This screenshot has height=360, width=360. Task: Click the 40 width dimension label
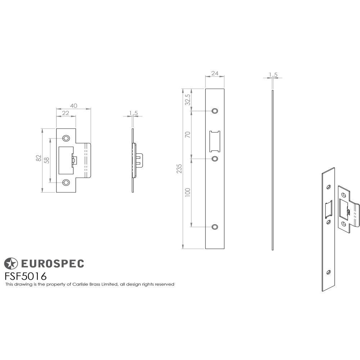(x=73, y=105)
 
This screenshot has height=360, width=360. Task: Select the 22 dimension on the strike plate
(x=66, y=113)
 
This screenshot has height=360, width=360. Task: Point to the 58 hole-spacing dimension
(x=46, y=161)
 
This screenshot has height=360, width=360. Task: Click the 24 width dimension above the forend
(x=215, y=73)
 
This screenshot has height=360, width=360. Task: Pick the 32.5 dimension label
(x=187, y=100)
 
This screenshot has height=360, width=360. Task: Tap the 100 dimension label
(x=187, y=192)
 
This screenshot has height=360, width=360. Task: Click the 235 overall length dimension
(x=179, y=169)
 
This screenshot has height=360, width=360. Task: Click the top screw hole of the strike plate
(x=66, y=138)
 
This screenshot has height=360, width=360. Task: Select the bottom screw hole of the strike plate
(x=66, y=183)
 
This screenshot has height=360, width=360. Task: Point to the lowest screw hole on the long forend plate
(x=215, y=227)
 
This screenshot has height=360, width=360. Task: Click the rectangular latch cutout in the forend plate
(x=215, y=141)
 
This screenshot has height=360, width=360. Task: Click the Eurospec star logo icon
(x=11, y=264)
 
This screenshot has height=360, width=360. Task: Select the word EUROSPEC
(x=51, y=264)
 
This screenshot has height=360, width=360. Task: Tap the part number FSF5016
(x=25, y=276)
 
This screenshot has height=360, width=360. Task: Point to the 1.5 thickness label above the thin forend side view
(x=273, y=75)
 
